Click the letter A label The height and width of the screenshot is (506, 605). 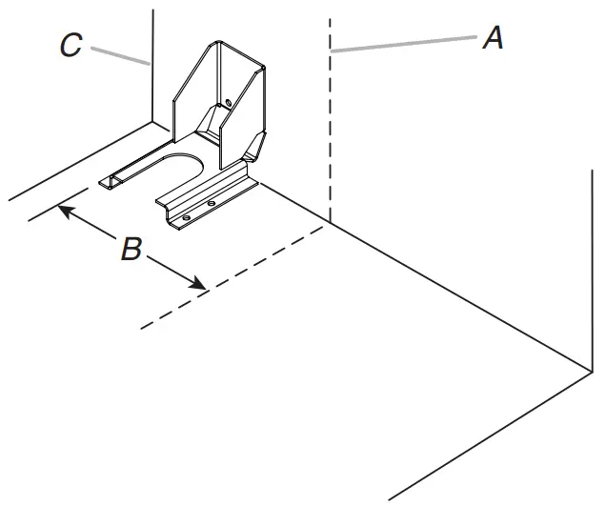click(492, 38)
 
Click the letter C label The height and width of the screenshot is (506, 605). click(71, 46)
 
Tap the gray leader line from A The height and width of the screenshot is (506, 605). click(410, 44)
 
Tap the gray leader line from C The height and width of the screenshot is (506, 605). click(119, 54)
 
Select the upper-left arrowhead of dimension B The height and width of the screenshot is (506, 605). click(66, 208)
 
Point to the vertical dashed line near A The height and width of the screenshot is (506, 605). click(330, 124)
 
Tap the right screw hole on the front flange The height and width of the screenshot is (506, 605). click(211, 204)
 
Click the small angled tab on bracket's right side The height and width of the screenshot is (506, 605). click(254, 144)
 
